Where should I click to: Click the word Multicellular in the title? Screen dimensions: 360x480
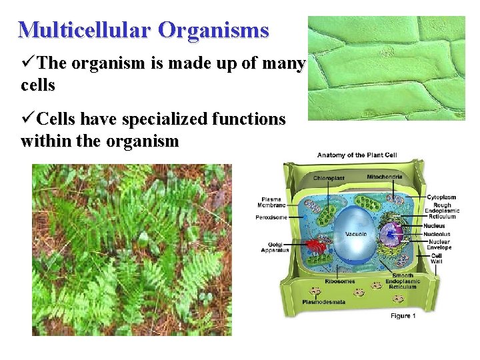86,30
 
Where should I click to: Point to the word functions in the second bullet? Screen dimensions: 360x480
251,119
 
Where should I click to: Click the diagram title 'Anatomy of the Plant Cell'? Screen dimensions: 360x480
357,155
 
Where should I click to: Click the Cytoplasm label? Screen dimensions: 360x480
441,197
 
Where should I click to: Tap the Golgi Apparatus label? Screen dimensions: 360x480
275,247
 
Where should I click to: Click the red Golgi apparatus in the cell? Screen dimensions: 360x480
317,245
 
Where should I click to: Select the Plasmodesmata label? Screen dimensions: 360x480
323,301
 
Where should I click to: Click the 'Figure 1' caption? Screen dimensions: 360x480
403,315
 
